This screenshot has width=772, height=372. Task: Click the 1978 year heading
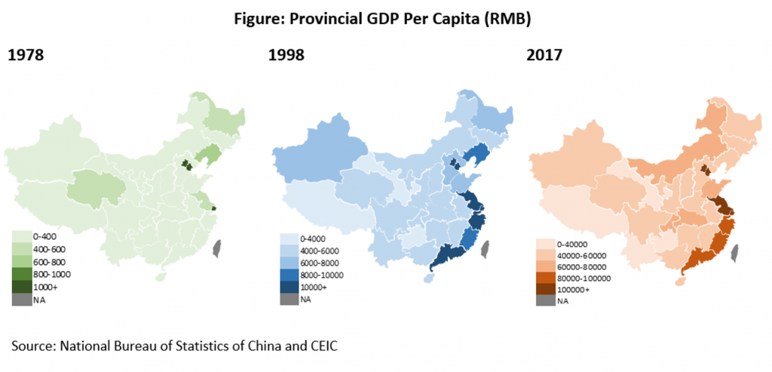26,54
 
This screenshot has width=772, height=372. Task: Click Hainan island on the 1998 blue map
429,278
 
